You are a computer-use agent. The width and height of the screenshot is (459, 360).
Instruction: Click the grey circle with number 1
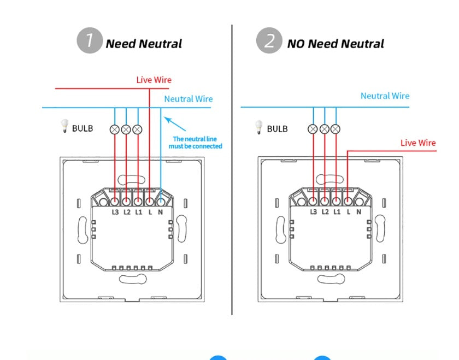coord(90,42)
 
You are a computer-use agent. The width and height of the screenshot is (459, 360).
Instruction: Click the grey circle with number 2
coord(269,42)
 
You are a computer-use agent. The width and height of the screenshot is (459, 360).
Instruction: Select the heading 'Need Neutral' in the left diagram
coord(144,44)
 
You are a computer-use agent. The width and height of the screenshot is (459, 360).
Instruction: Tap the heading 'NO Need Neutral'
coord(336,44)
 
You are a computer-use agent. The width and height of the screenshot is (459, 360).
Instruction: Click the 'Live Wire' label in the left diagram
coord(154,80)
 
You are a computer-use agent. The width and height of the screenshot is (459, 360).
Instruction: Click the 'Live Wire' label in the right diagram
coord(418,143)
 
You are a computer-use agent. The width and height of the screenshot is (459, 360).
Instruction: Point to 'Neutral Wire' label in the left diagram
coord(189,99)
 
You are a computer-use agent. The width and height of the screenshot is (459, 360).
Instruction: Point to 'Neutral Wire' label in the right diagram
coord(385,96)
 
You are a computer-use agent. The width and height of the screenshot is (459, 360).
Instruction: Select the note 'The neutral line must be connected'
coord(197,143)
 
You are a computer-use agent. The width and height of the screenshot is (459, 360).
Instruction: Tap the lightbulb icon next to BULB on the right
coord(258,128)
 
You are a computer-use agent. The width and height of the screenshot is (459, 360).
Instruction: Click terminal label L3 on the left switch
coord(115,211)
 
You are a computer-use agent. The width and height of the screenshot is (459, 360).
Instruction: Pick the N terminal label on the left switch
coord(161,211)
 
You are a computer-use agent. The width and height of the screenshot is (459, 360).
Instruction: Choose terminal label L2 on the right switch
coord(325,211)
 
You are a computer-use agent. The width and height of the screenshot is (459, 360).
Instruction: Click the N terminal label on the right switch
coord(358,211)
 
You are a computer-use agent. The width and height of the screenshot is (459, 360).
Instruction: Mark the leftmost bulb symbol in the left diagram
coord(115,129)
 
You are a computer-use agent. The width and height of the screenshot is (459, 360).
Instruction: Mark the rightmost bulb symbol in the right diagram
coord(336,129)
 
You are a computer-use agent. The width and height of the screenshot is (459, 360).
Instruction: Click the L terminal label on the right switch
coord(348,211)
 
